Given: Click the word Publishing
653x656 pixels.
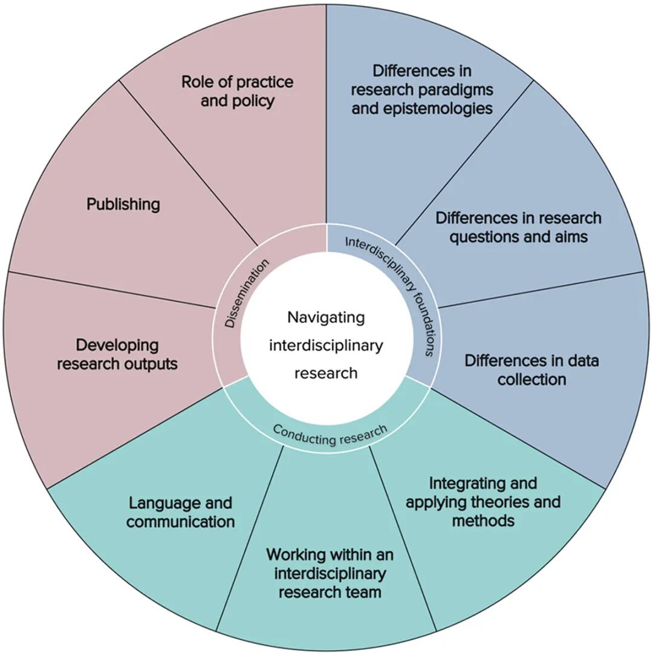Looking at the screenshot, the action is (123, 204).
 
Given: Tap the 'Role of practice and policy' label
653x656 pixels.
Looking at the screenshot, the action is (237, 91).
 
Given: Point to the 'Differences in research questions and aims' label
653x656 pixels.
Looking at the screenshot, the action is (519, 227).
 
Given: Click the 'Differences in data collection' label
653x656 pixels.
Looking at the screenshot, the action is (531, 370).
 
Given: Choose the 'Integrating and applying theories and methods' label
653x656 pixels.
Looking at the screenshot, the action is (483, 502).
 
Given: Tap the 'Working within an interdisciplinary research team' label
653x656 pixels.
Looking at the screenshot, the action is (330, 573).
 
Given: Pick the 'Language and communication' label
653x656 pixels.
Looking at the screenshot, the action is (180, 512).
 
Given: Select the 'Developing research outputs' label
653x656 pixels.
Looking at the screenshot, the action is (117, 354).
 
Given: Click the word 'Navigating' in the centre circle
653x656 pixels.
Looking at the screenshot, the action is (326, 317).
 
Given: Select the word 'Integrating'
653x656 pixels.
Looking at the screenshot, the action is (483, 484).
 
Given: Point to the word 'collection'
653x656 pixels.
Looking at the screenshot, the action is (531, 379).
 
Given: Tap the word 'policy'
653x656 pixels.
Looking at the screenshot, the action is (255, 101).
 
